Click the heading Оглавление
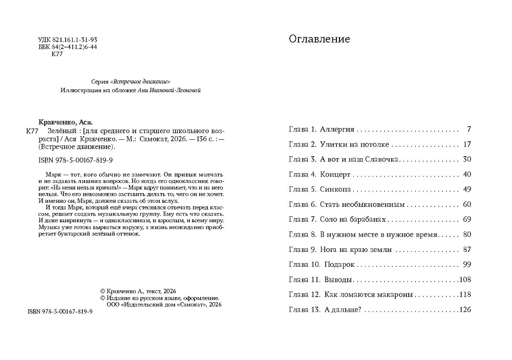click(x=319, y=39)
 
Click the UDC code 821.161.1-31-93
click(x=75, y=39)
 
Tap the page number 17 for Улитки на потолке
click(x=466, y=145)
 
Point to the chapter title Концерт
click(x=336, y=175)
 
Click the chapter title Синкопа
click(x=335, y=189)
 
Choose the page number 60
click(x=466, y=205)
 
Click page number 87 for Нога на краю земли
click(x=466, y=250)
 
